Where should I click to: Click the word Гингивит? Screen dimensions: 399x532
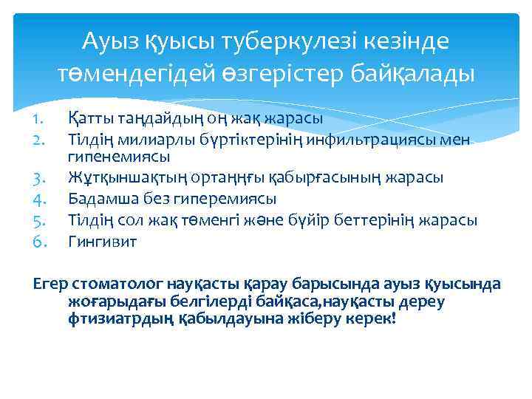coord(102,241)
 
